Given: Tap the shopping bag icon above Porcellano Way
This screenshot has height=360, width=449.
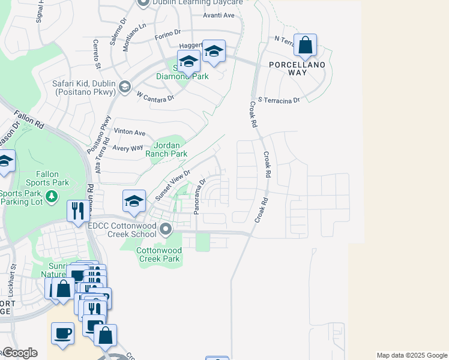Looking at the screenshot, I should click(305, 45).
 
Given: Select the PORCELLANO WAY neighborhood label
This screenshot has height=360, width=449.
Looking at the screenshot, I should click(297, 68).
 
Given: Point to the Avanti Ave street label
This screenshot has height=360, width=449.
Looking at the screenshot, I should click(218, 15).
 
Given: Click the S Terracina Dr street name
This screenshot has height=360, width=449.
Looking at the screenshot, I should click(278, 100).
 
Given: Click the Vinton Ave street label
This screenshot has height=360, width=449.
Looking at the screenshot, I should click(130, 132).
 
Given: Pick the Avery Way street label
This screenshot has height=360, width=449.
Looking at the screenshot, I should click(127, 148).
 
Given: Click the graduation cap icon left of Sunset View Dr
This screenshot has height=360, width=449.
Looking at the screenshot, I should click(134, 202).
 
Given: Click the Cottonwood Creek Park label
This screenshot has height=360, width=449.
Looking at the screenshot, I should click(158, 254).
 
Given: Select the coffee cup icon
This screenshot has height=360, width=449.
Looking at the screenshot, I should click(62, 332).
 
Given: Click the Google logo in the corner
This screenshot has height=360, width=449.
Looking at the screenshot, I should click(19, 353).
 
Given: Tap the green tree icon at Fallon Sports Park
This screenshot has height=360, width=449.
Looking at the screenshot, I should click(52, 196).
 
